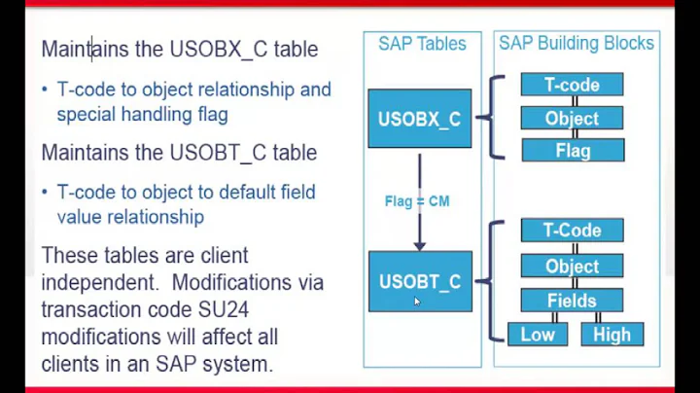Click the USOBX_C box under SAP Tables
pos(419,119)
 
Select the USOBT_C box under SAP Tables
pos(420,281)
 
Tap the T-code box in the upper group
pos(572,85)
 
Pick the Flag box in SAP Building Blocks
pos(573,151)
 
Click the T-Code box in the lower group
pos(572,231)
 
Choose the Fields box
pos(572,301)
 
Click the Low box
pos(537,335)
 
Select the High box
pos(612,335)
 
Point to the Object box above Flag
pos(572,118)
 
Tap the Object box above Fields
pos(572,266)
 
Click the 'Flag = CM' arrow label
pos(416,201)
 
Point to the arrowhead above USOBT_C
pos(419,244)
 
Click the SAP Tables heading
pos(422,44)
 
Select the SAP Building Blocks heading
pos(577,44)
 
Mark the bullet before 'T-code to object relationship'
pos(45,89)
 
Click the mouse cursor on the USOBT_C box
pos(417,302)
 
